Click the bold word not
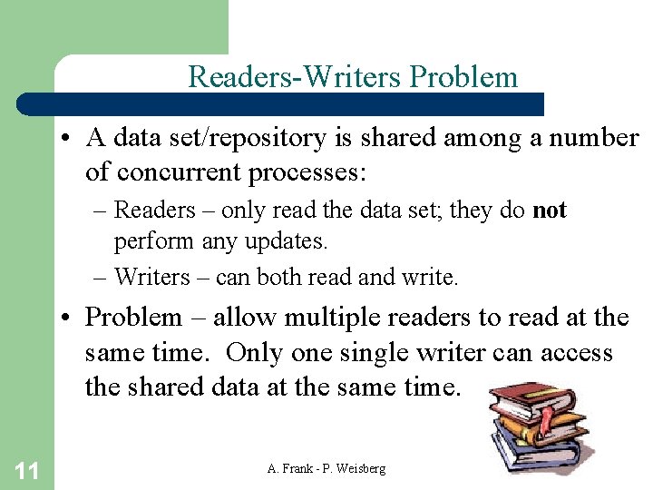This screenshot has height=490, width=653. click(x=550, y=211)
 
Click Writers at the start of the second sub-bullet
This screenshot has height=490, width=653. click(x=152, y=277)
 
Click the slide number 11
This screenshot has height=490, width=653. click(x=26, y=469)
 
